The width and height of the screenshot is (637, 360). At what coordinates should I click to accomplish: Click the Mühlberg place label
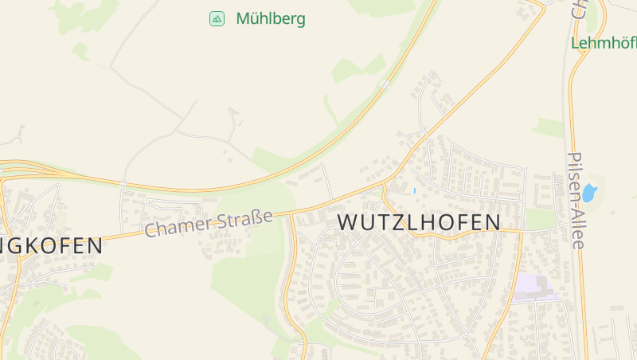pyautogui.click(x=271, y=18)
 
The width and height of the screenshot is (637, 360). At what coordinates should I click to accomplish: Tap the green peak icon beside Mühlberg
pyautogui.click(x=217, y=18)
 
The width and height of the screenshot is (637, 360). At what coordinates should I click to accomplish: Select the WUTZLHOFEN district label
pyautogui.click(x=420, y=222)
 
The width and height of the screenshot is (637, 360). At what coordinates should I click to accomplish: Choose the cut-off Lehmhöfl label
pyautogui.click(x=604, y=43)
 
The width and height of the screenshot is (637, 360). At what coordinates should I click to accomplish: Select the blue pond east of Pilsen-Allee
pyautogui.click(x=589, y=193)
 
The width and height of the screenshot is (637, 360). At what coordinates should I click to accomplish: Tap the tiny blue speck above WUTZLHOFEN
pyautogui.click(x=414, y=191)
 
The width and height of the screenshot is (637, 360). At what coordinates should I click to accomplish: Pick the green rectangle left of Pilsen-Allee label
pyautogui.click(x=541, y=219)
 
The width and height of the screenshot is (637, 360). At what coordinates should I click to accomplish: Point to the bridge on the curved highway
pyautogui.click(x=385, y=84)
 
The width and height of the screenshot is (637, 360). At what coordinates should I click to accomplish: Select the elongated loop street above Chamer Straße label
pyautogui.click(x=171, y=205)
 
